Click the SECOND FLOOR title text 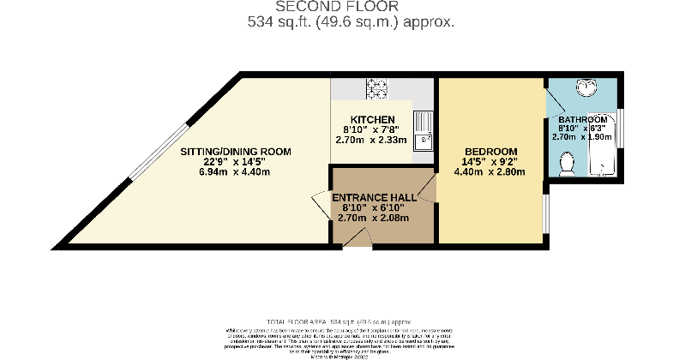339,8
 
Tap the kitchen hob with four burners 376,88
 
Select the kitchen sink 424,140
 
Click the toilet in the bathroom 567,163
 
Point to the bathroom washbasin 586,89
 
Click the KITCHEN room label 372,118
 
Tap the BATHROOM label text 584,118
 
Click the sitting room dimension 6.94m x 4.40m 236,172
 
